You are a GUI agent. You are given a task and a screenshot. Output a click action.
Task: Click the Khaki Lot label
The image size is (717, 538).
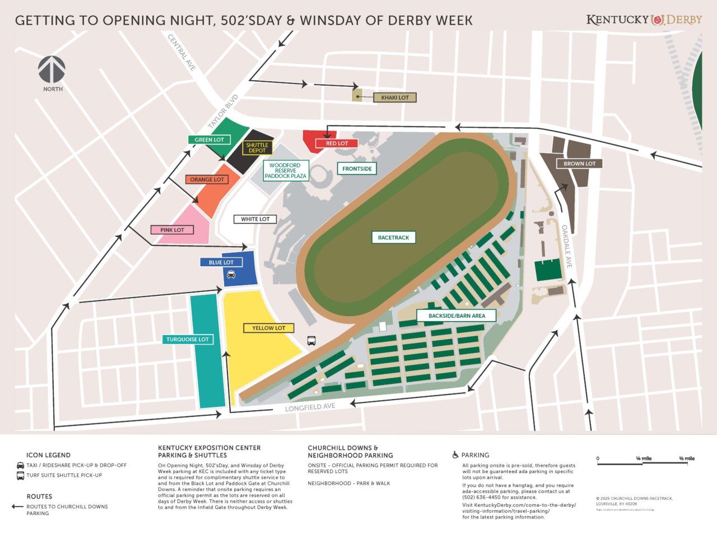click(395, 98)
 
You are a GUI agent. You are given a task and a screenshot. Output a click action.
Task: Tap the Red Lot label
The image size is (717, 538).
click(337, 143)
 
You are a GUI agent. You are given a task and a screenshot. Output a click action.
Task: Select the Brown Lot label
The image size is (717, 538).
click(579, 164)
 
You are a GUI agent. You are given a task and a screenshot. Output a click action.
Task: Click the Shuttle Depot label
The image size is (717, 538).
click(257, 148)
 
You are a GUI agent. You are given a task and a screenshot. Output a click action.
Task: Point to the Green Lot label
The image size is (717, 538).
click(209, 140)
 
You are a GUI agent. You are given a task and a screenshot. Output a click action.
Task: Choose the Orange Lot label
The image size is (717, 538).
click(207, 179)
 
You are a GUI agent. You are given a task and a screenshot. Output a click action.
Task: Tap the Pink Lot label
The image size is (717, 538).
click(172, 230)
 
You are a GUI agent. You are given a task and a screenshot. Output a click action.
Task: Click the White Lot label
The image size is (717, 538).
click(255, 219)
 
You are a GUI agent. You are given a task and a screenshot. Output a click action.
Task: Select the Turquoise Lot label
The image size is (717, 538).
click(187, 339)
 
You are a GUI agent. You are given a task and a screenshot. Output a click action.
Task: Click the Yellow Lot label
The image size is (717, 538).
click(268, 328)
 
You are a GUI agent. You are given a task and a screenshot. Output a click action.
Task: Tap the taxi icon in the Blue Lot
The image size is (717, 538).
click(231, 274)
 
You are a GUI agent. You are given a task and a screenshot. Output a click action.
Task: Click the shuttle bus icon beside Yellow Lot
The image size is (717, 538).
click(311, 340)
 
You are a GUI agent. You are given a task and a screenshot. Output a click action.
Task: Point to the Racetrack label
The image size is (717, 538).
click(393, 238)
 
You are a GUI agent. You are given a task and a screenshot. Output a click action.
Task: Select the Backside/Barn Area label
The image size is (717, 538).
click(457, 316)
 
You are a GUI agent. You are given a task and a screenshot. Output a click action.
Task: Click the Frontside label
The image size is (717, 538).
click(357, 169)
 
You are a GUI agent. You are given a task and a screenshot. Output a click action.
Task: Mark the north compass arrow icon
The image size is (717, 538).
click(52, 69)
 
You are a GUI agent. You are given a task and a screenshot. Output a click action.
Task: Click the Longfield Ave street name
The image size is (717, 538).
click(310, 407)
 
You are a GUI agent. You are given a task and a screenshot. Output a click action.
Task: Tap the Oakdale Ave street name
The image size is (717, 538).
click(567, 247)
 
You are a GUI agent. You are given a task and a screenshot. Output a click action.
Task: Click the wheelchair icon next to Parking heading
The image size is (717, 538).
click(455, 455)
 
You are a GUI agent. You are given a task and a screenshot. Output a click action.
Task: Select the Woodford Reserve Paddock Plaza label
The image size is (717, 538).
click(285, 170)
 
